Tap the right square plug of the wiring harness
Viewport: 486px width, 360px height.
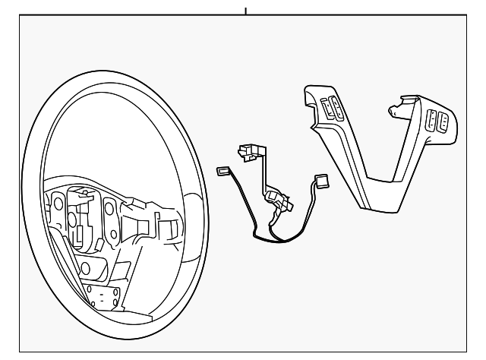[x=320, y=181]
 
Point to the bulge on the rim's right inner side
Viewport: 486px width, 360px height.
[x=195, y=205]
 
